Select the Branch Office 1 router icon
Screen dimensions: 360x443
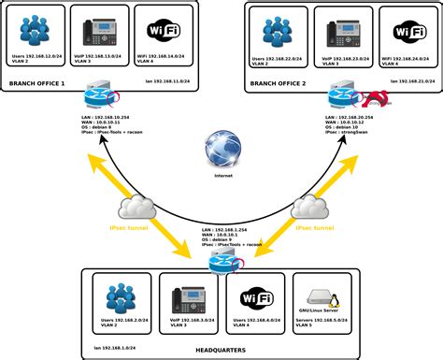click(97, 96)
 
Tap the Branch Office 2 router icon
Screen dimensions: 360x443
click(342, 96)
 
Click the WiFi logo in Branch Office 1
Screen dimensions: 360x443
click(157, 32)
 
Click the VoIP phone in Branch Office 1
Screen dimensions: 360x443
click(97, 31)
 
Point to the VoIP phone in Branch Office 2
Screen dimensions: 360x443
click(341, 32)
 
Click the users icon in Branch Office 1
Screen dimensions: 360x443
click(36, 31)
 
